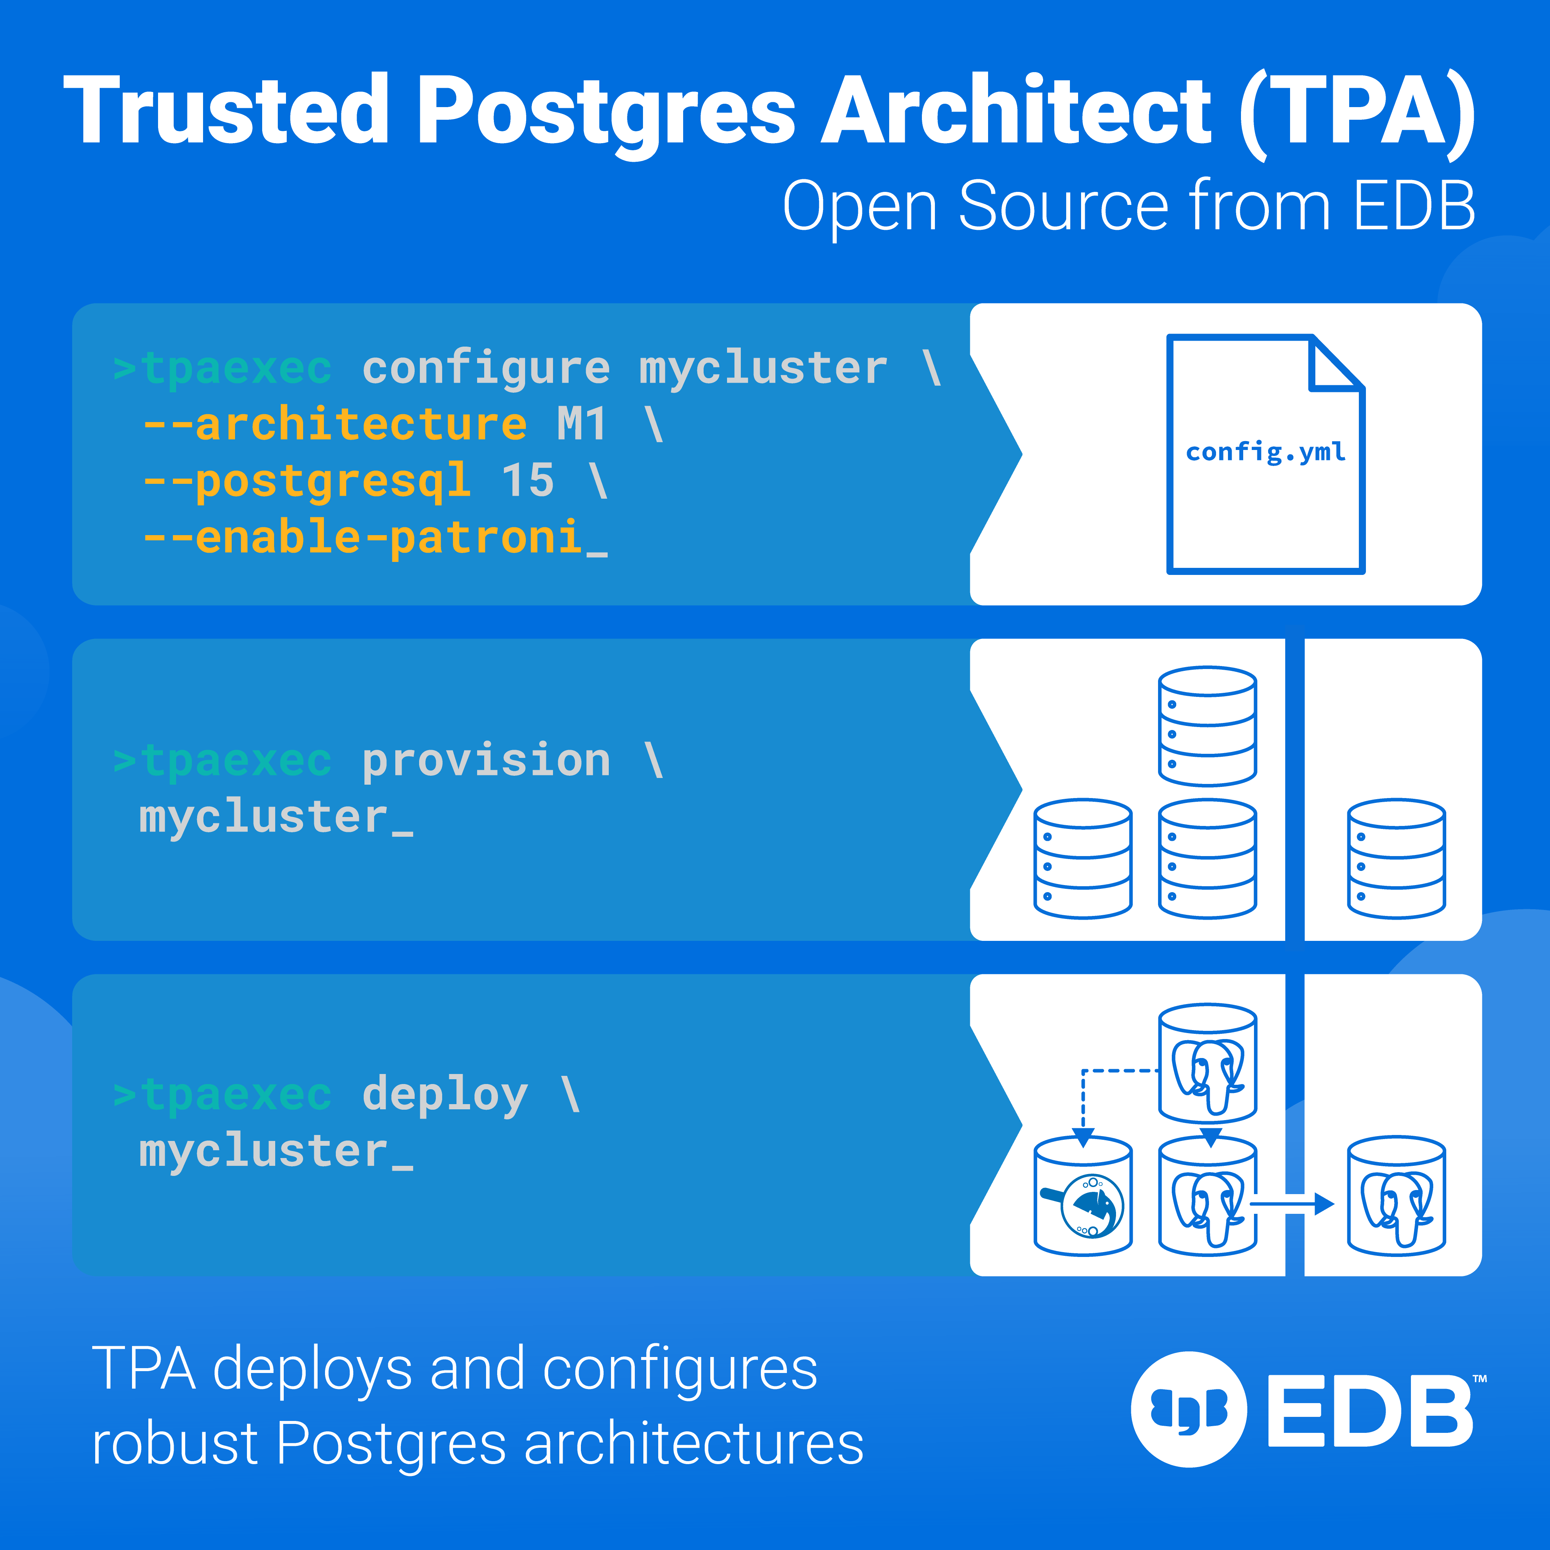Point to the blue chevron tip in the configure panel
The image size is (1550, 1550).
(x=1022, y=454)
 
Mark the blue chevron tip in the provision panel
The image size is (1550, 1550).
(x=1022, y=790)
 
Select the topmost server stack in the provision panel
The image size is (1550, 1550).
(x=1207, y=726)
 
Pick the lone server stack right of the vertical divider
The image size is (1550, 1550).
(x=1397, y=858)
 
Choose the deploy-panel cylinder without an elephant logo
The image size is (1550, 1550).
(x=1083, y=1195)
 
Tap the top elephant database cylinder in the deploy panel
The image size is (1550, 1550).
(x=1207, y=1063)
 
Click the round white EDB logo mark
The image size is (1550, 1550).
(x=1189, y=1409)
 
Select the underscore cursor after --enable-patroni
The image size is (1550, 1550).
(x=596, y=554)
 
